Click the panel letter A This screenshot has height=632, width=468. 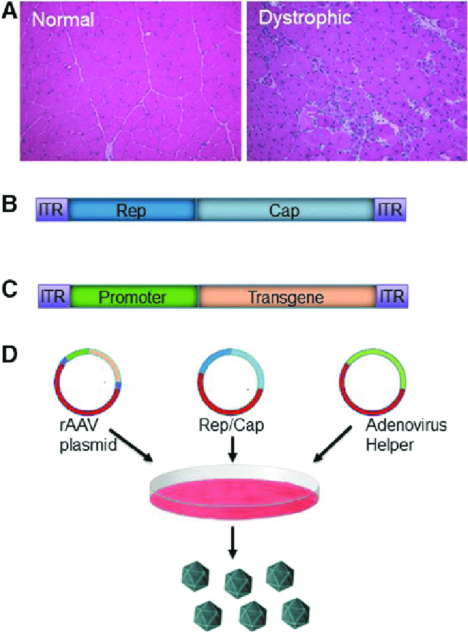[10, 13]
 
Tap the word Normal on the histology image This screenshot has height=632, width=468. [64, 20]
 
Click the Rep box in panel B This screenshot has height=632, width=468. [131, 210]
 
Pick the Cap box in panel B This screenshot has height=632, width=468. [284, 210]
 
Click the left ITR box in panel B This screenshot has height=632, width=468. [52, 210]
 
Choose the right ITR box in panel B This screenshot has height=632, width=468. [390, 210]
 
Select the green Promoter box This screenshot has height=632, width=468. [134, 297]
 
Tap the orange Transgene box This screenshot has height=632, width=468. [286, 297]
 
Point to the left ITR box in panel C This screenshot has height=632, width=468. [53, 297]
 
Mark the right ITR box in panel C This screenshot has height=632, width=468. [393, 297]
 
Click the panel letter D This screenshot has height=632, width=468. [10, 354]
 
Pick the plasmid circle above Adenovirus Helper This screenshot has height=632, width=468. [372, 382]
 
